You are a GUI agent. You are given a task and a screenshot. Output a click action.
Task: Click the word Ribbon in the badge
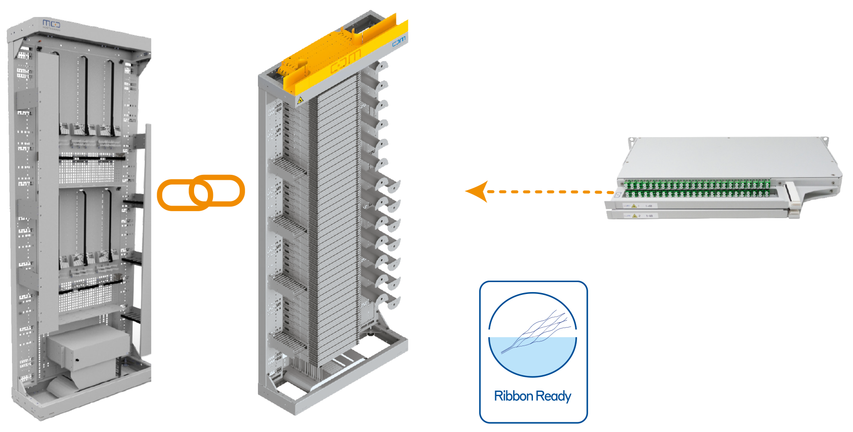tap(513, 396)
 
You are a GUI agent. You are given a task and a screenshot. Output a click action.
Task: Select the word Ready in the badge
tap(554, 396)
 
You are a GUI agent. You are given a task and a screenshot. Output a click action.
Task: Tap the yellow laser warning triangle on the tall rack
tap(300, 100)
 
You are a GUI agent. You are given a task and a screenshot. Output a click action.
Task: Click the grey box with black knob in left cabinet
tap(87, 350)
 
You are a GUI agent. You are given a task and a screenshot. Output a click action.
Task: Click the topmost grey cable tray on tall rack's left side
tap(287, 168)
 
